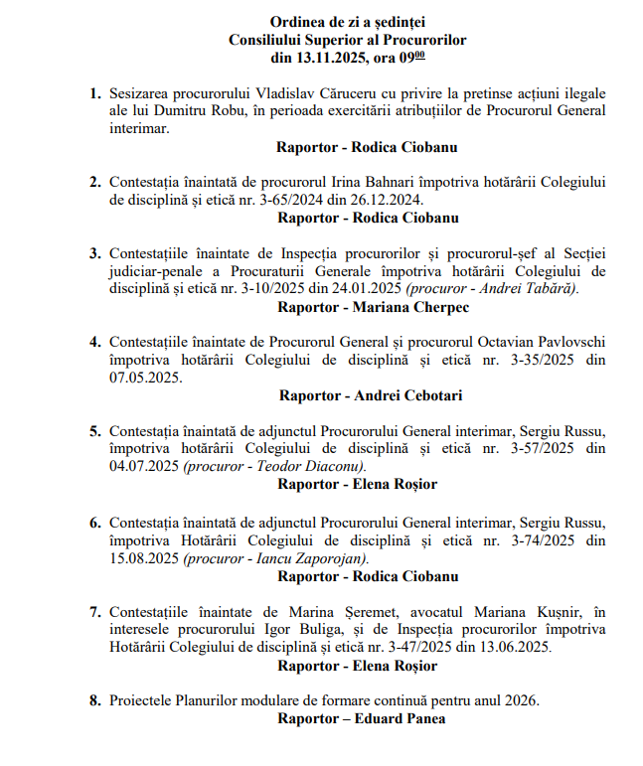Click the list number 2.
point(94,182)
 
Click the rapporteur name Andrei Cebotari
point(403,395)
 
